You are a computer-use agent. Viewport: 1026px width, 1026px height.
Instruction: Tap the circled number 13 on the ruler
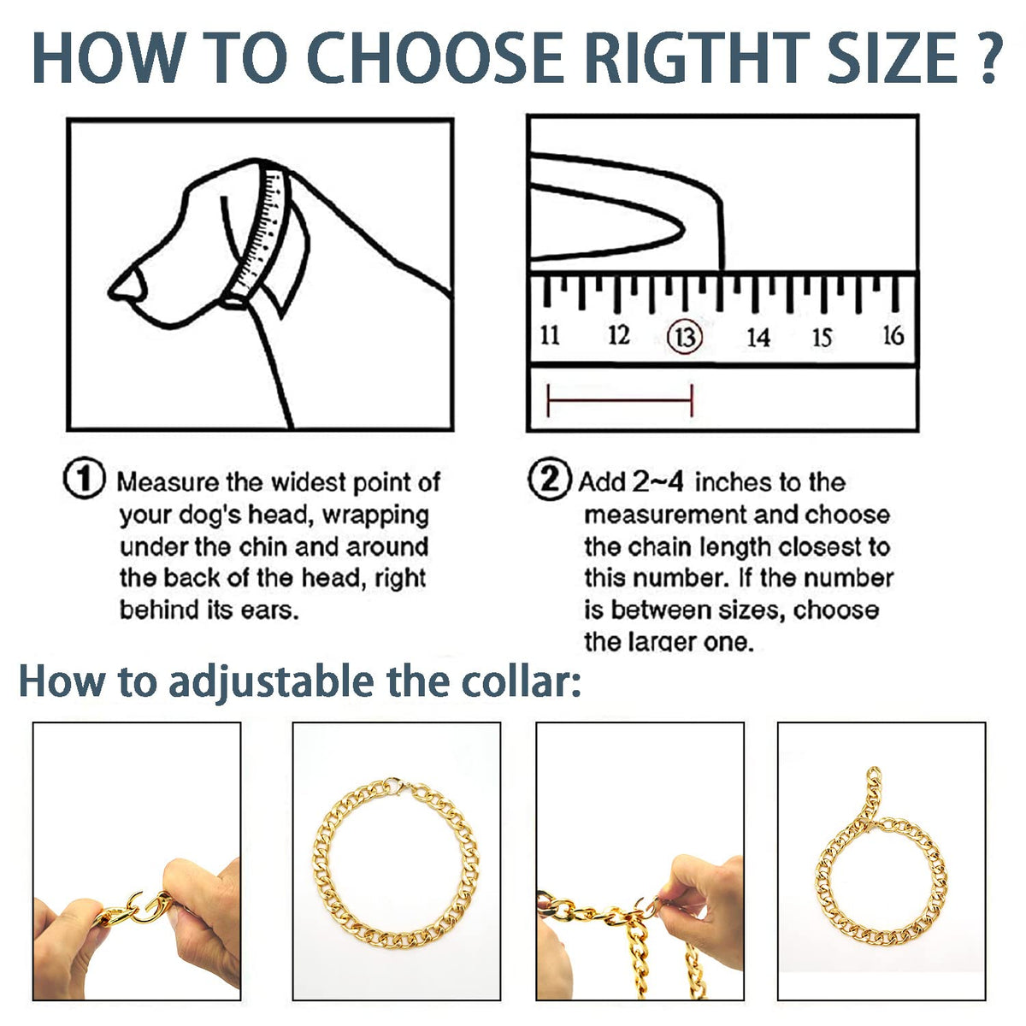tap(685, 337)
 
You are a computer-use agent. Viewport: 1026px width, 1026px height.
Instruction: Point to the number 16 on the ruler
tap(893, 335)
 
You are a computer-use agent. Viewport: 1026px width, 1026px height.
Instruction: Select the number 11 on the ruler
tap(550, 335)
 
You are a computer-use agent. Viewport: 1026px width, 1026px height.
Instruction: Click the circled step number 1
tap(84, 481)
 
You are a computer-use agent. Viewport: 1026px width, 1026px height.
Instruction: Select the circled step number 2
tap(550, 481)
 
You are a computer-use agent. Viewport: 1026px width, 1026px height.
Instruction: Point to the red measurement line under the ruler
tap(620, 400)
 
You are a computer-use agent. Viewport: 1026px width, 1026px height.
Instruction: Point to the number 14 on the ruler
tap(758, 337)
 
